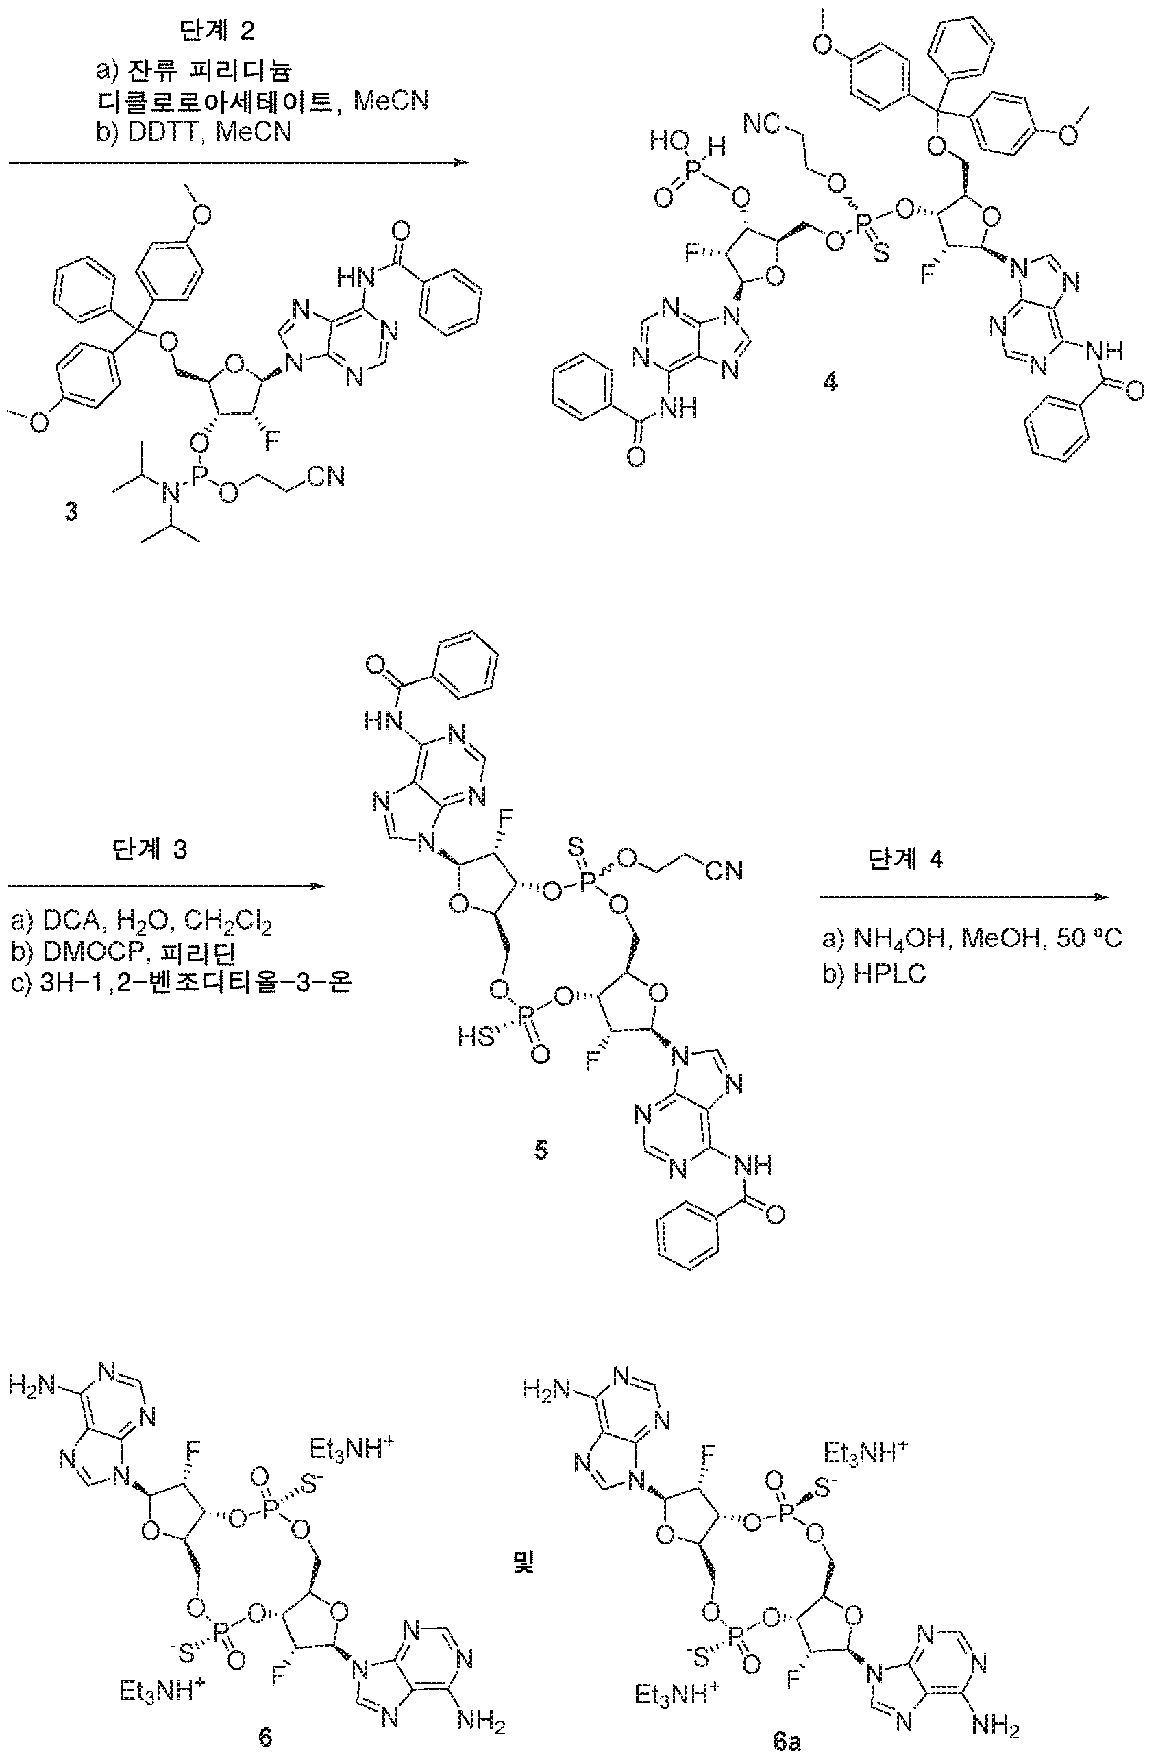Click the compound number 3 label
click(x=71, y=512)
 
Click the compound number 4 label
click(x=830, y=382)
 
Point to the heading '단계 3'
click(x=150, y=849)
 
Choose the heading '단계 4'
click(x=905, y=859)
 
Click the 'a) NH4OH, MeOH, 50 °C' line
click(x=973, y=939)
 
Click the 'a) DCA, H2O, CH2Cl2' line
click(x=142, y=924)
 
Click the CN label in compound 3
click(x=327, y=476)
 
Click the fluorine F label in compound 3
click(x=273, y=445)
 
